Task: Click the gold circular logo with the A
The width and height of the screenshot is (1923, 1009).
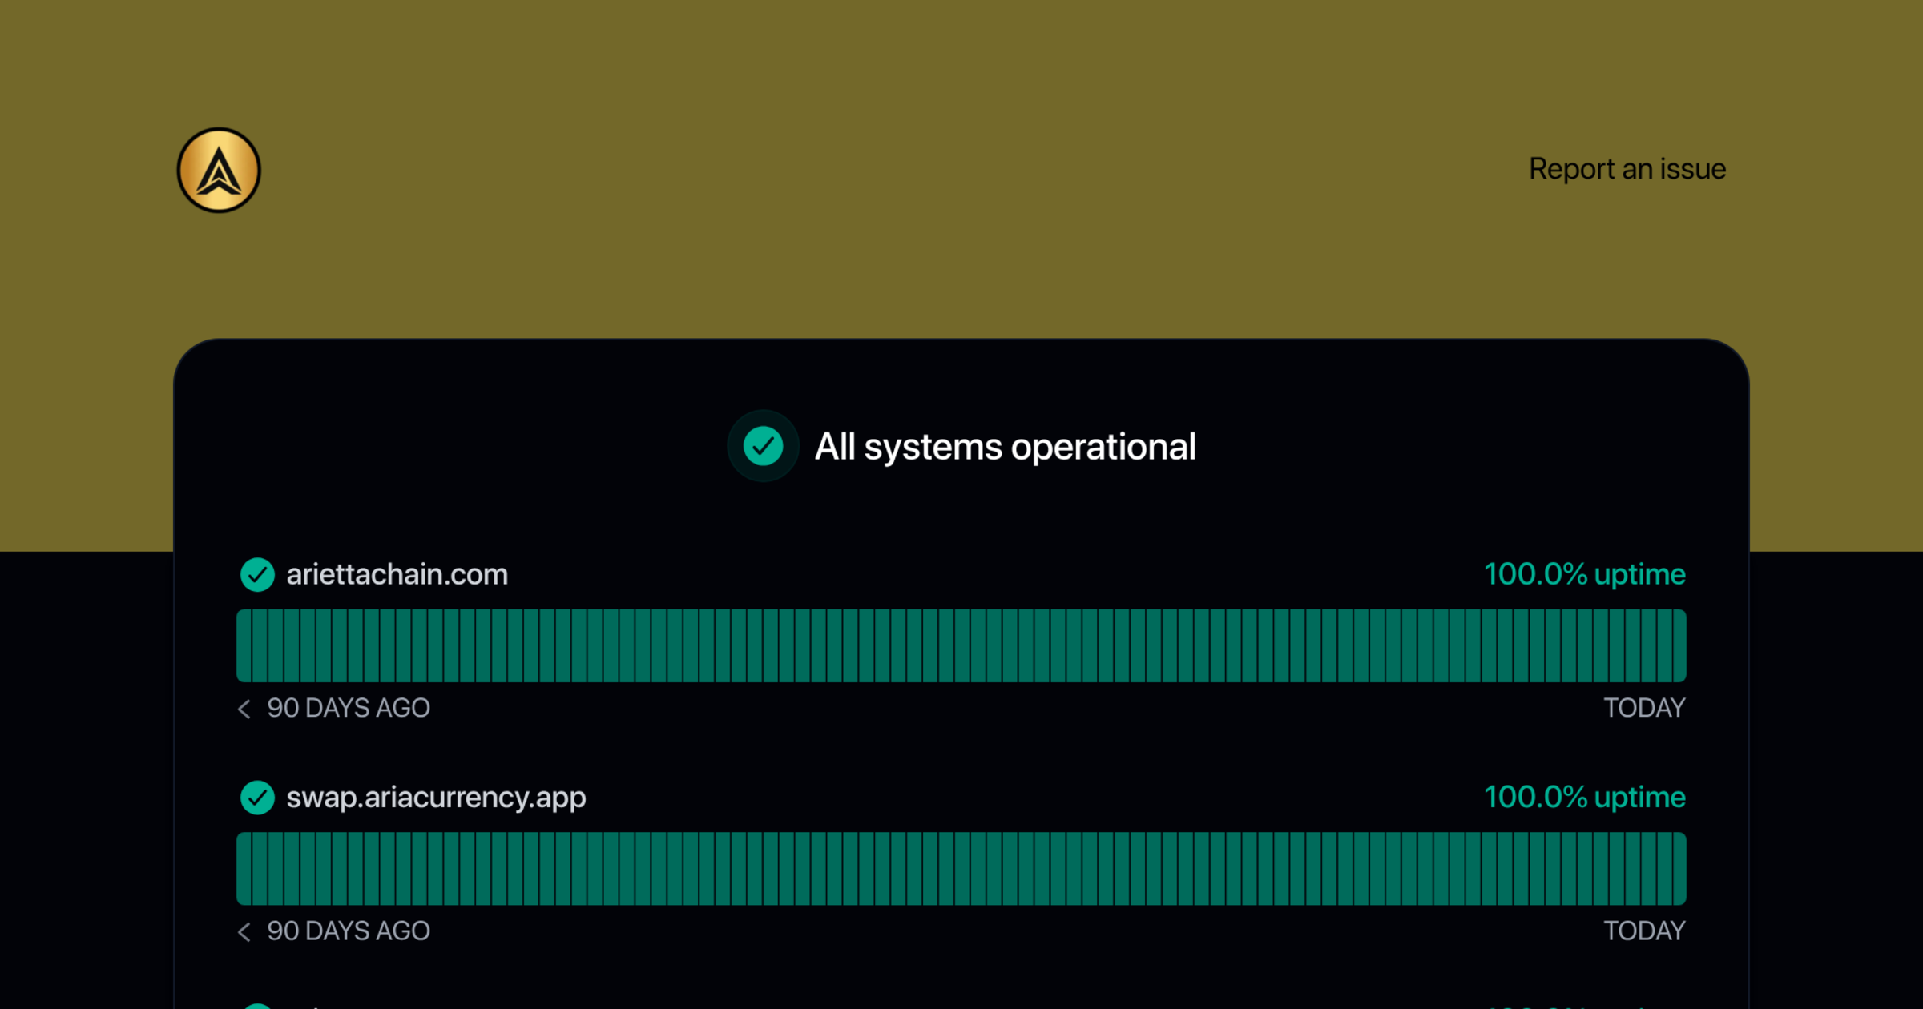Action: (x=219, y=170)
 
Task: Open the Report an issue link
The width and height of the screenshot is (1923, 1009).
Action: (x=1627, y=169)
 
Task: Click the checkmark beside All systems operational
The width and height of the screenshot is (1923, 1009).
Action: (x=763, y=446)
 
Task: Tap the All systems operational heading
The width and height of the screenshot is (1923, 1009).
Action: (x=1006, y=447)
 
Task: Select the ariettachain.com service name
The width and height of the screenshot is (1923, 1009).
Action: (x=397, y=574)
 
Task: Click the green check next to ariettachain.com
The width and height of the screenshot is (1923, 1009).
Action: (x=257, y=574)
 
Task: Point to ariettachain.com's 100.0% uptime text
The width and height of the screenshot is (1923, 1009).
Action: (x=1585, y=574)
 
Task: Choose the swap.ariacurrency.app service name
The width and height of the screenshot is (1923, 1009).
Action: (x=437, y=798)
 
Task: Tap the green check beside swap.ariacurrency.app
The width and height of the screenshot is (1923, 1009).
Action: (x=257, y=798)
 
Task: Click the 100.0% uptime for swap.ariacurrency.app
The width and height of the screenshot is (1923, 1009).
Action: (x=1585, y=798)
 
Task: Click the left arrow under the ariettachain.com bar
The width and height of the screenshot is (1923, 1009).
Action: (x=244, y=709)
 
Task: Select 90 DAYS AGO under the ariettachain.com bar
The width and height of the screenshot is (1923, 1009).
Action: (x=349, y=708)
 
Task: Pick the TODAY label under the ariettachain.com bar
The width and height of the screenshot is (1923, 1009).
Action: (x=1645, y=708)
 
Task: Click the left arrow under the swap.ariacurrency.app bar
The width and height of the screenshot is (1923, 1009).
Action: (x=244, y=931)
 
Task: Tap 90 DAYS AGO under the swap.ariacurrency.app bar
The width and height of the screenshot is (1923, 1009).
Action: (x=349, y=931)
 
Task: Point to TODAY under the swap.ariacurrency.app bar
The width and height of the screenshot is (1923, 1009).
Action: (x=1645, y=931)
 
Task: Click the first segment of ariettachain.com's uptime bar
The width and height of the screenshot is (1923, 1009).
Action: (x=244, y=645)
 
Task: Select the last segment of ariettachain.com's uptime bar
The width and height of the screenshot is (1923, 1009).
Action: (x=1679, y=645)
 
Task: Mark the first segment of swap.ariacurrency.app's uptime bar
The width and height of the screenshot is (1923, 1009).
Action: (x=244, y=869)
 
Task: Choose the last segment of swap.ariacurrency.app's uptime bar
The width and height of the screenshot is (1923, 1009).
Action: (x=1679, y=869)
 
